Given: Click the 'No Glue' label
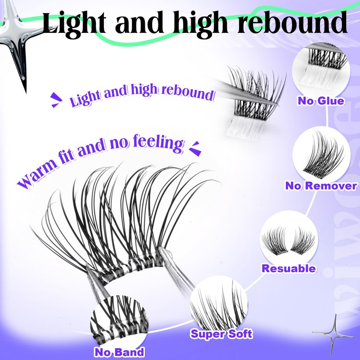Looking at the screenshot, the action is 321,100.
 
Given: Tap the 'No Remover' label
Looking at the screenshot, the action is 321,186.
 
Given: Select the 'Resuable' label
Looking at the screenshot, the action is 288,269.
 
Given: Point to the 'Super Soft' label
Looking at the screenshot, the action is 221,334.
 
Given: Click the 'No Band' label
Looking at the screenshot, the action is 119,352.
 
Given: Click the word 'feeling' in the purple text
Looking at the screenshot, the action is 156,144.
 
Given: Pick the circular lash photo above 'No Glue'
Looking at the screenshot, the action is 321,72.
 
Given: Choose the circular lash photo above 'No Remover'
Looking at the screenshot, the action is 321,155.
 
